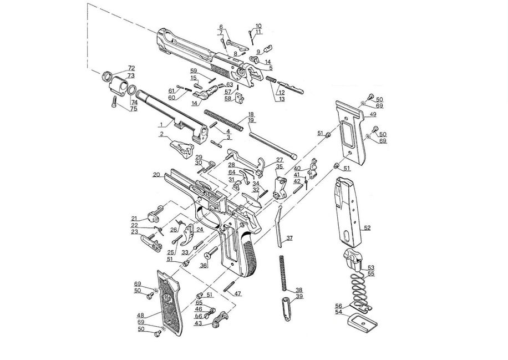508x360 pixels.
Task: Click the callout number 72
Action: [x=131, y=68]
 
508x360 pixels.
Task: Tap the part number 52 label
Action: [x=367, y=228]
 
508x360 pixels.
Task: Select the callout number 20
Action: [x=156, y=175]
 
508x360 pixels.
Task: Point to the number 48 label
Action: [x=140, y=315]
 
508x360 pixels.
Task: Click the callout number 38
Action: [x=299, y=290]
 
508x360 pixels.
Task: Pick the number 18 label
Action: [x=251, y=114]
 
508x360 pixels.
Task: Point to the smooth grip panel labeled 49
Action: [x=352, y=132]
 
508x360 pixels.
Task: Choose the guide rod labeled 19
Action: [x=273, y=145]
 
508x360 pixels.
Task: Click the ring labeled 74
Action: [x=132, y=90]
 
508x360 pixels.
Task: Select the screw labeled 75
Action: [x=114, y=102]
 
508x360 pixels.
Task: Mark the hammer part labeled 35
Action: [x=280, y=188]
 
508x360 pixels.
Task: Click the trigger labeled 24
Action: [x=189, y=236]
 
